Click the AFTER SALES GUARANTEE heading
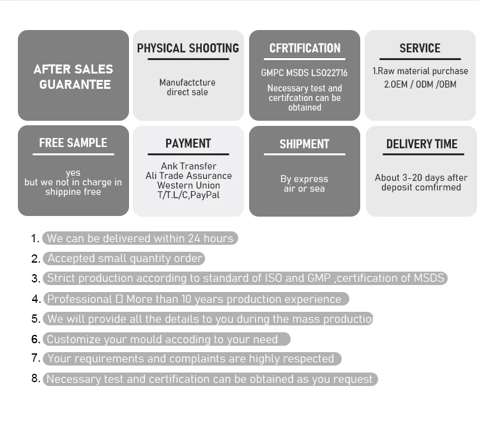(73, 77)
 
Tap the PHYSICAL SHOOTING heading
(188, 49)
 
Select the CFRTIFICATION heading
(305, 49)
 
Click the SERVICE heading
(420, 49)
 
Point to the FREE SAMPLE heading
(73, 143)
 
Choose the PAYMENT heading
(188, 144)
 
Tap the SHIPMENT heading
(304, 144)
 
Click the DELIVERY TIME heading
(422, 144)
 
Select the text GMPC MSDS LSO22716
(304, 73)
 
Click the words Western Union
(188, 185)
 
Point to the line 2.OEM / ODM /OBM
(420, 84)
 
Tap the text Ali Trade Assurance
(188, 176)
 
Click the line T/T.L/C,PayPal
(188, 195)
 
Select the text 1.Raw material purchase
(420, 71)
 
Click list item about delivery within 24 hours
(140, 238)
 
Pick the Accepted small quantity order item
(125, 258)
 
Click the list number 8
(36, 378)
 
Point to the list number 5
(36, 318)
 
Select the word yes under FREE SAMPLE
(73, 173)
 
